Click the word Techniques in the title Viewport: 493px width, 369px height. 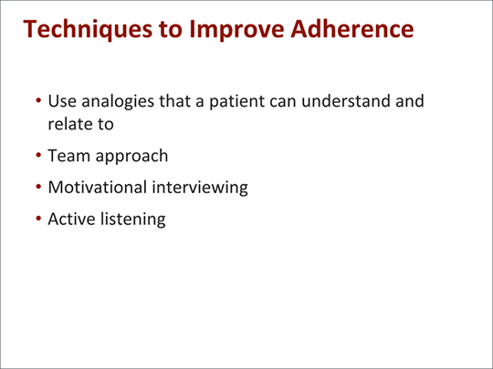click(x=89, y=29)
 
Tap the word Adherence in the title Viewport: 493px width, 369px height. click(x=353, y=29)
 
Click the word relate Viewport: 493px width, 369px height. click(x=69, y=123)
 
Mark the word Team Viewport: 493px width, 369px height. click(x=68, y=156)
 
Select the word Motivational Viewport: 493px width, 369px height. click(x=100, y=188)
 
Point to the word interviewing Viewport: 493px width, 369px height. click(x=203, y=189)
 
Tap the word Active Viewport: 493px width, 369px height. click(x=71, y=220)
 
